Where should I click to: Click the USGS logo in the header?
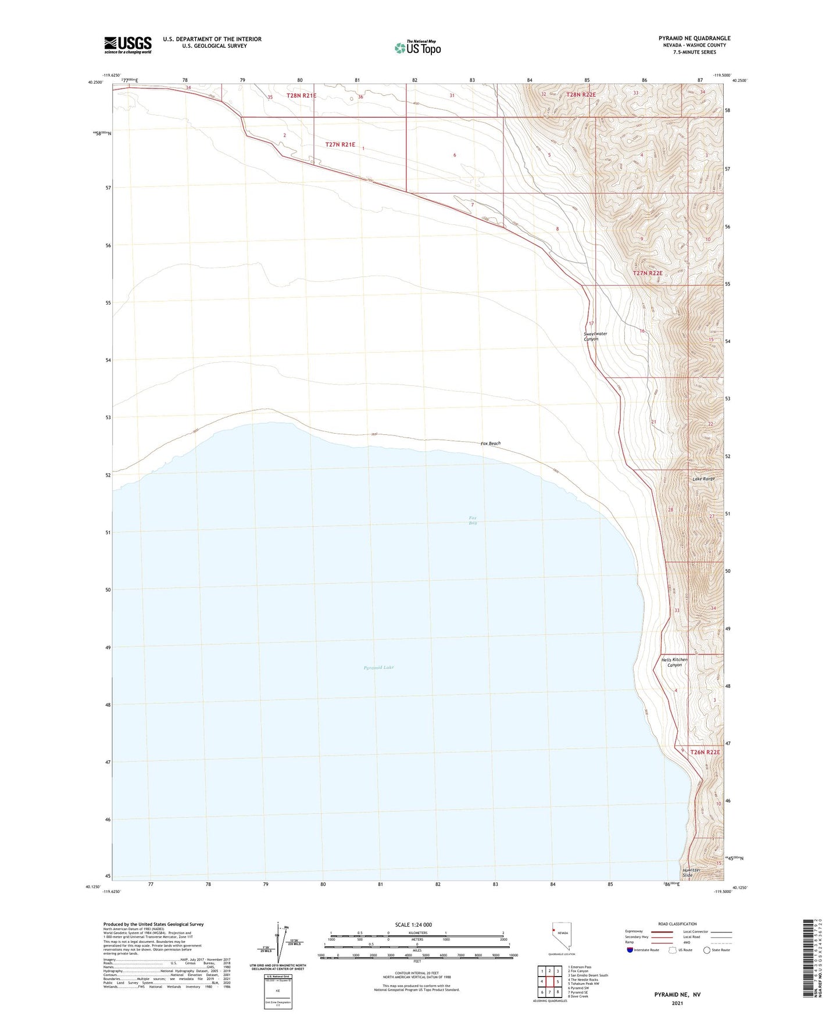click(127, 45)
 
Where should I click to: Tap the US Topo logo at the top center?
click(417, 47)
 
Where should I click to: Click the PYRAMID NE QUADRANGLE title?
click(694, 38)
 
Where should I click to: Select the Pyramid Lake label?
click(378, 667)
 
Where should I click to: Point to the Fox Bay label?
click(473, 520)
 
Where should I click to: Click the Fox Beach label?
click(490, 444)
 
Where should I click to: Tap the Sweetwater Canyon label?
click(595, 336)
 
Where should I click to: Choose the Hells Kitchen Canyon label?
click(674, 662)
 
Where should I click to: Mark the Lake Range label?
click(703, 478)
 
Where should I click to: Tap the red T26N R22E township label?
click(705, 752)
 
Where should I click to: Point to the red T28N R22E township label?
click(581, 94)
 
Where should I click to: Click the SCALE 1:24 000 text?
click(413, 925)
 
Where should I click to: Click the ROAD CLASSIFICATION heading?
click(678, 924)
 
